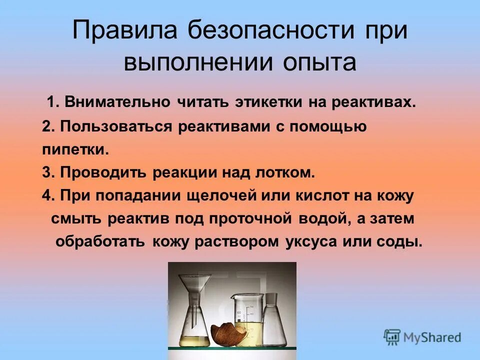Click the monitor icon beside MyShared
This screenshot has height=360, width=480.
392,336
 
